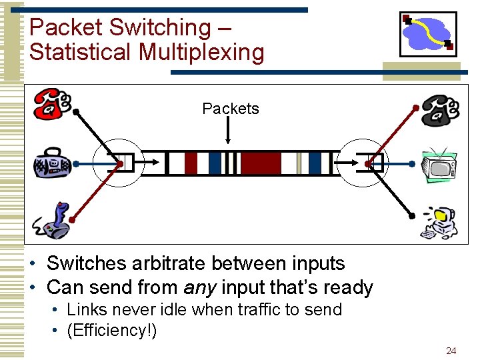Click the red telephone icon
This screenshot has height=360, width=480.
click(x=52, y=103)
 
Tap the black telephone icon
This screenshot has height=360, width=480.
click(x=439, y=109)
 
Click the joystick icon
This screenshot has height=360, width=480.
click(x=53, y=221)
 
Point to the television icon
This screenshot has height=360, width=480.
click(x=438, y=165)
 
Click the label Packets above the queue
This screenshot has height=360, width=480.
click(x=231, y=109)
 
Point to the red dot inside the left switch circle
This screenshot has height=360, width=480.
click(x=119, y=163)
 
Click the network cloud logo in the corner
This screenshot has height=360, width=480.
click(x=428, y=33)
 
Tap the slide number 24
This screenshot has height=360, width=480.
click(x=451, y=351)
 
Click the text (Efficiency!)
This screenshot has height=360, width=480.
click(x=112, y=331)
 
